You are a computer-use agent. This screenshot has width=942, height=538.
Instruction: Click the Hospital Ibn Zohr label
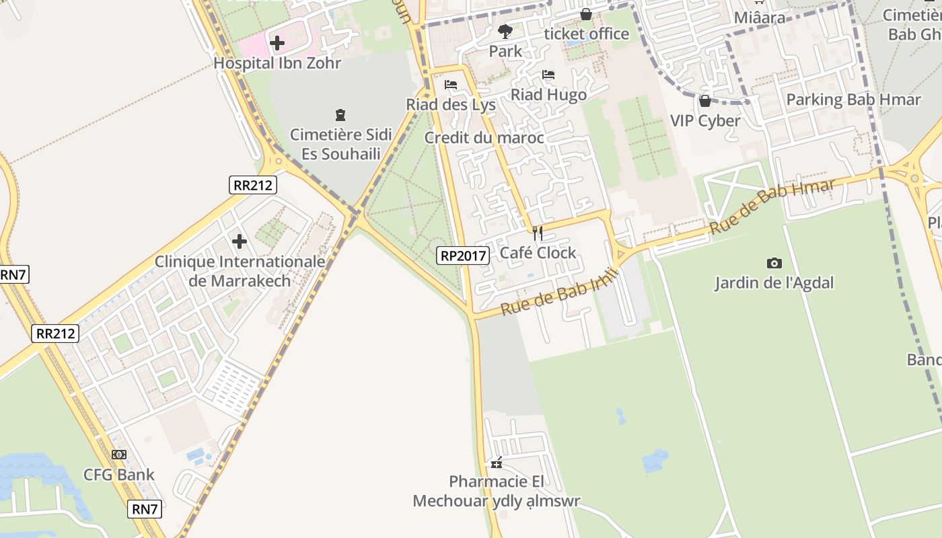click(277, 63)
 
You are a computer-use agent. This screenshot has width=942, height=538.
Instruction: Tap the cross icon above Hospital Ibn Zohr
click(277, 44)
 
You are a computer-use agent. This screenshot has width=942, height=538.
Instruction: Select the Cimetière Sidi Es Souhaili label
click(340, 143)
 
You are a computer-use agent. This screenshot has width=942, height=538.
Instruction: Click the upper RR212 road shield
click(253, 185)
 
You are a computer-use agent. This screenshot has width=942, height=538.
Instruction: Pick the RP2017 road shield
click(463, 256)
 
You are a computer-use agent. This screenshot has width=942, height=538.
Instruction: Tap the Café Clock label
click(538, 253)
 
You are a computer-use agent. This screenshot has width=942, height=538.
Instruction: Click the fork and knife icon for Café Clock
click(537, 233)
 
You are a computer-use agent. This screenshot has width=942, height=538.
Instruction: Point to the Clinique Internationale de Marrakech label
click(240, 271)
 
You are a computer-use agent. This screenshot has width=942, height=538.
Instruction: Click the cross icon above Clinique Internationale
click(239, 241)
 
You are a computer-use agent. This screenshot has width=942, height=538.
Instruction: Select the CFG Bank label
click(119, 475)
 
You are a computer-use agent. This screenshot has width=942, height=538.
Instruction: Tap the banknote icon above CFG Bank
click(119, 455)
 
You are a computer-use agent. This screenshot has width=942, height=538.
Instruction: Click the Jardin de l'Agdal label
click(774, 283)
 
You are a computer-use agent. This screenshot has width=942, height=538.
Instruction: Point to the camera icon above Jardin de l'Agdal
click(774, 263)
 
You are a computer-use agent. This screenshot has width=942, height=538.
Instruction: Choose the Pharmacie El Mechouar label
click(497, 492)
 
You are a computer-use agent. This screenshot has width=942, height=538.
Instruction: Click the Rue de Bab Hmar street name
click(772, 206)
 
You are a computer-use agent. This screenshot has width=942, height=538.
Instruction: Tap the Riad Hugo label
click(548, 95)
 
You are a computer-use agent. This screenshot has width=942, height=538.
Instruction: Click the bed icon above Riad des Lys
click(451, 85)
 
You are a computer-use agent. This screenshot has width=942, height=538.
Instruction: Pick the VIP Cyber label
click(705, 121)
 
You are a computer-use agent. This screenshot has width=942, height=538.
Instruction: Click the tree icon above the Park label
click(505, 30)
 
